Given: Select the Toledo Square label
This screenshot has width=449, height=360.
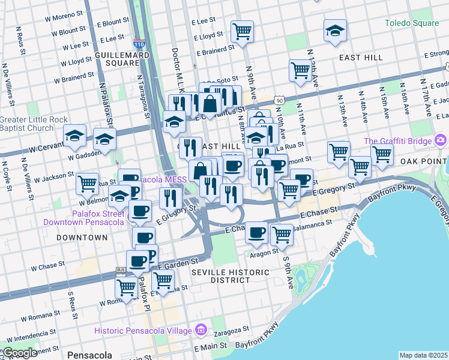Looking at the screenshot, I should tap(411, 23).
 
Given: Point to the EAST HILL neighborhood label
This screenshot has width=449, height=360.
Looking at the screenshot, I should tap(361, 58).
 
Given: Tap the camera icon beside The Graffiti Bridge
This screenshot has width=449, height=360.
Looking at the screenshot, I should tap(441, 140).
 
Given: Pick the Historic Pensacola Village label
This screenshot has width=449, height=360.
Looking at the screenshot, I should tap(143, 331).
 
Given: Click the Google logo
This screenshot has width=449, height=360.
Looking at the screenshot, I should tap(20, 353).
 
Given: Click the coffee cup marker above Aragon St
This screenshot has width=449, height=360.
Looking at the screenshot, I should tap(256, 232).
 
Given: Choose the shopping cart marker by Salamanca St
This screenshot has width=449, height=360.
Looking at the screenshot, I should tap(281, 234).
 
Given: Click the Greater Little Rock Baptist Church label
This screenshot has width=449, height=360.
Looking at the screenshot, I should tap(34, 123).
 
